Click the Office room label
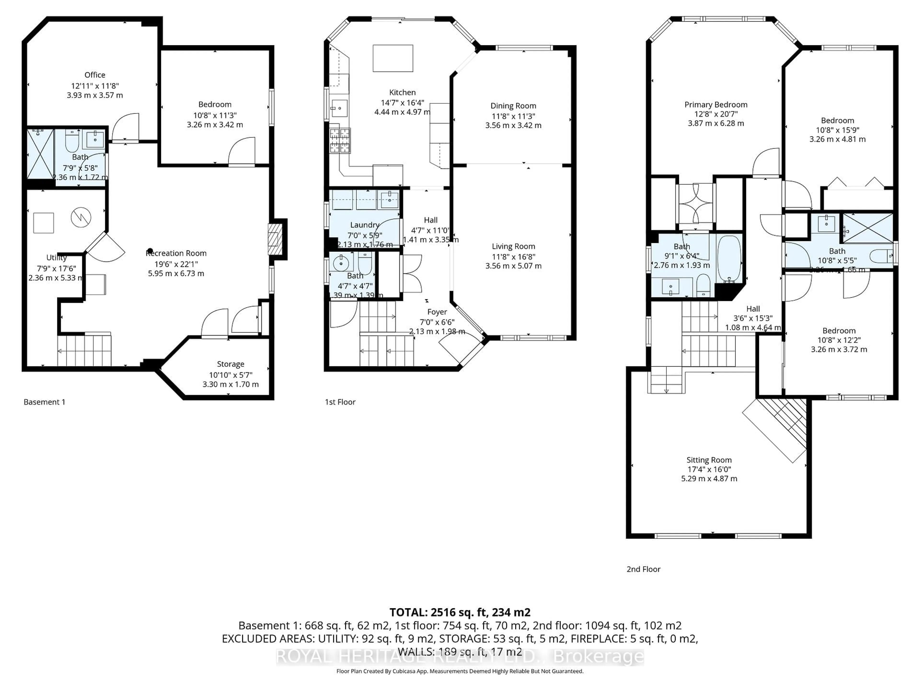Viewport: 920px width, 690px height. [95, 75]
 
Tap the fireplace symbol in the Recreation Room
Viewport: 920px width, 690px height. [273, 240]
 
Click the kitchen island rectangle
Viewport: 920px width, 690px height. [393, 58]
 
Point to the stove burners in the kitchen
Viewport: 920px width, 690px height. [340, 141]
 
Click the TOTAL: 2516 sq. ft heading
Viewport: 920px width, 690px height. [460, 612]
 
